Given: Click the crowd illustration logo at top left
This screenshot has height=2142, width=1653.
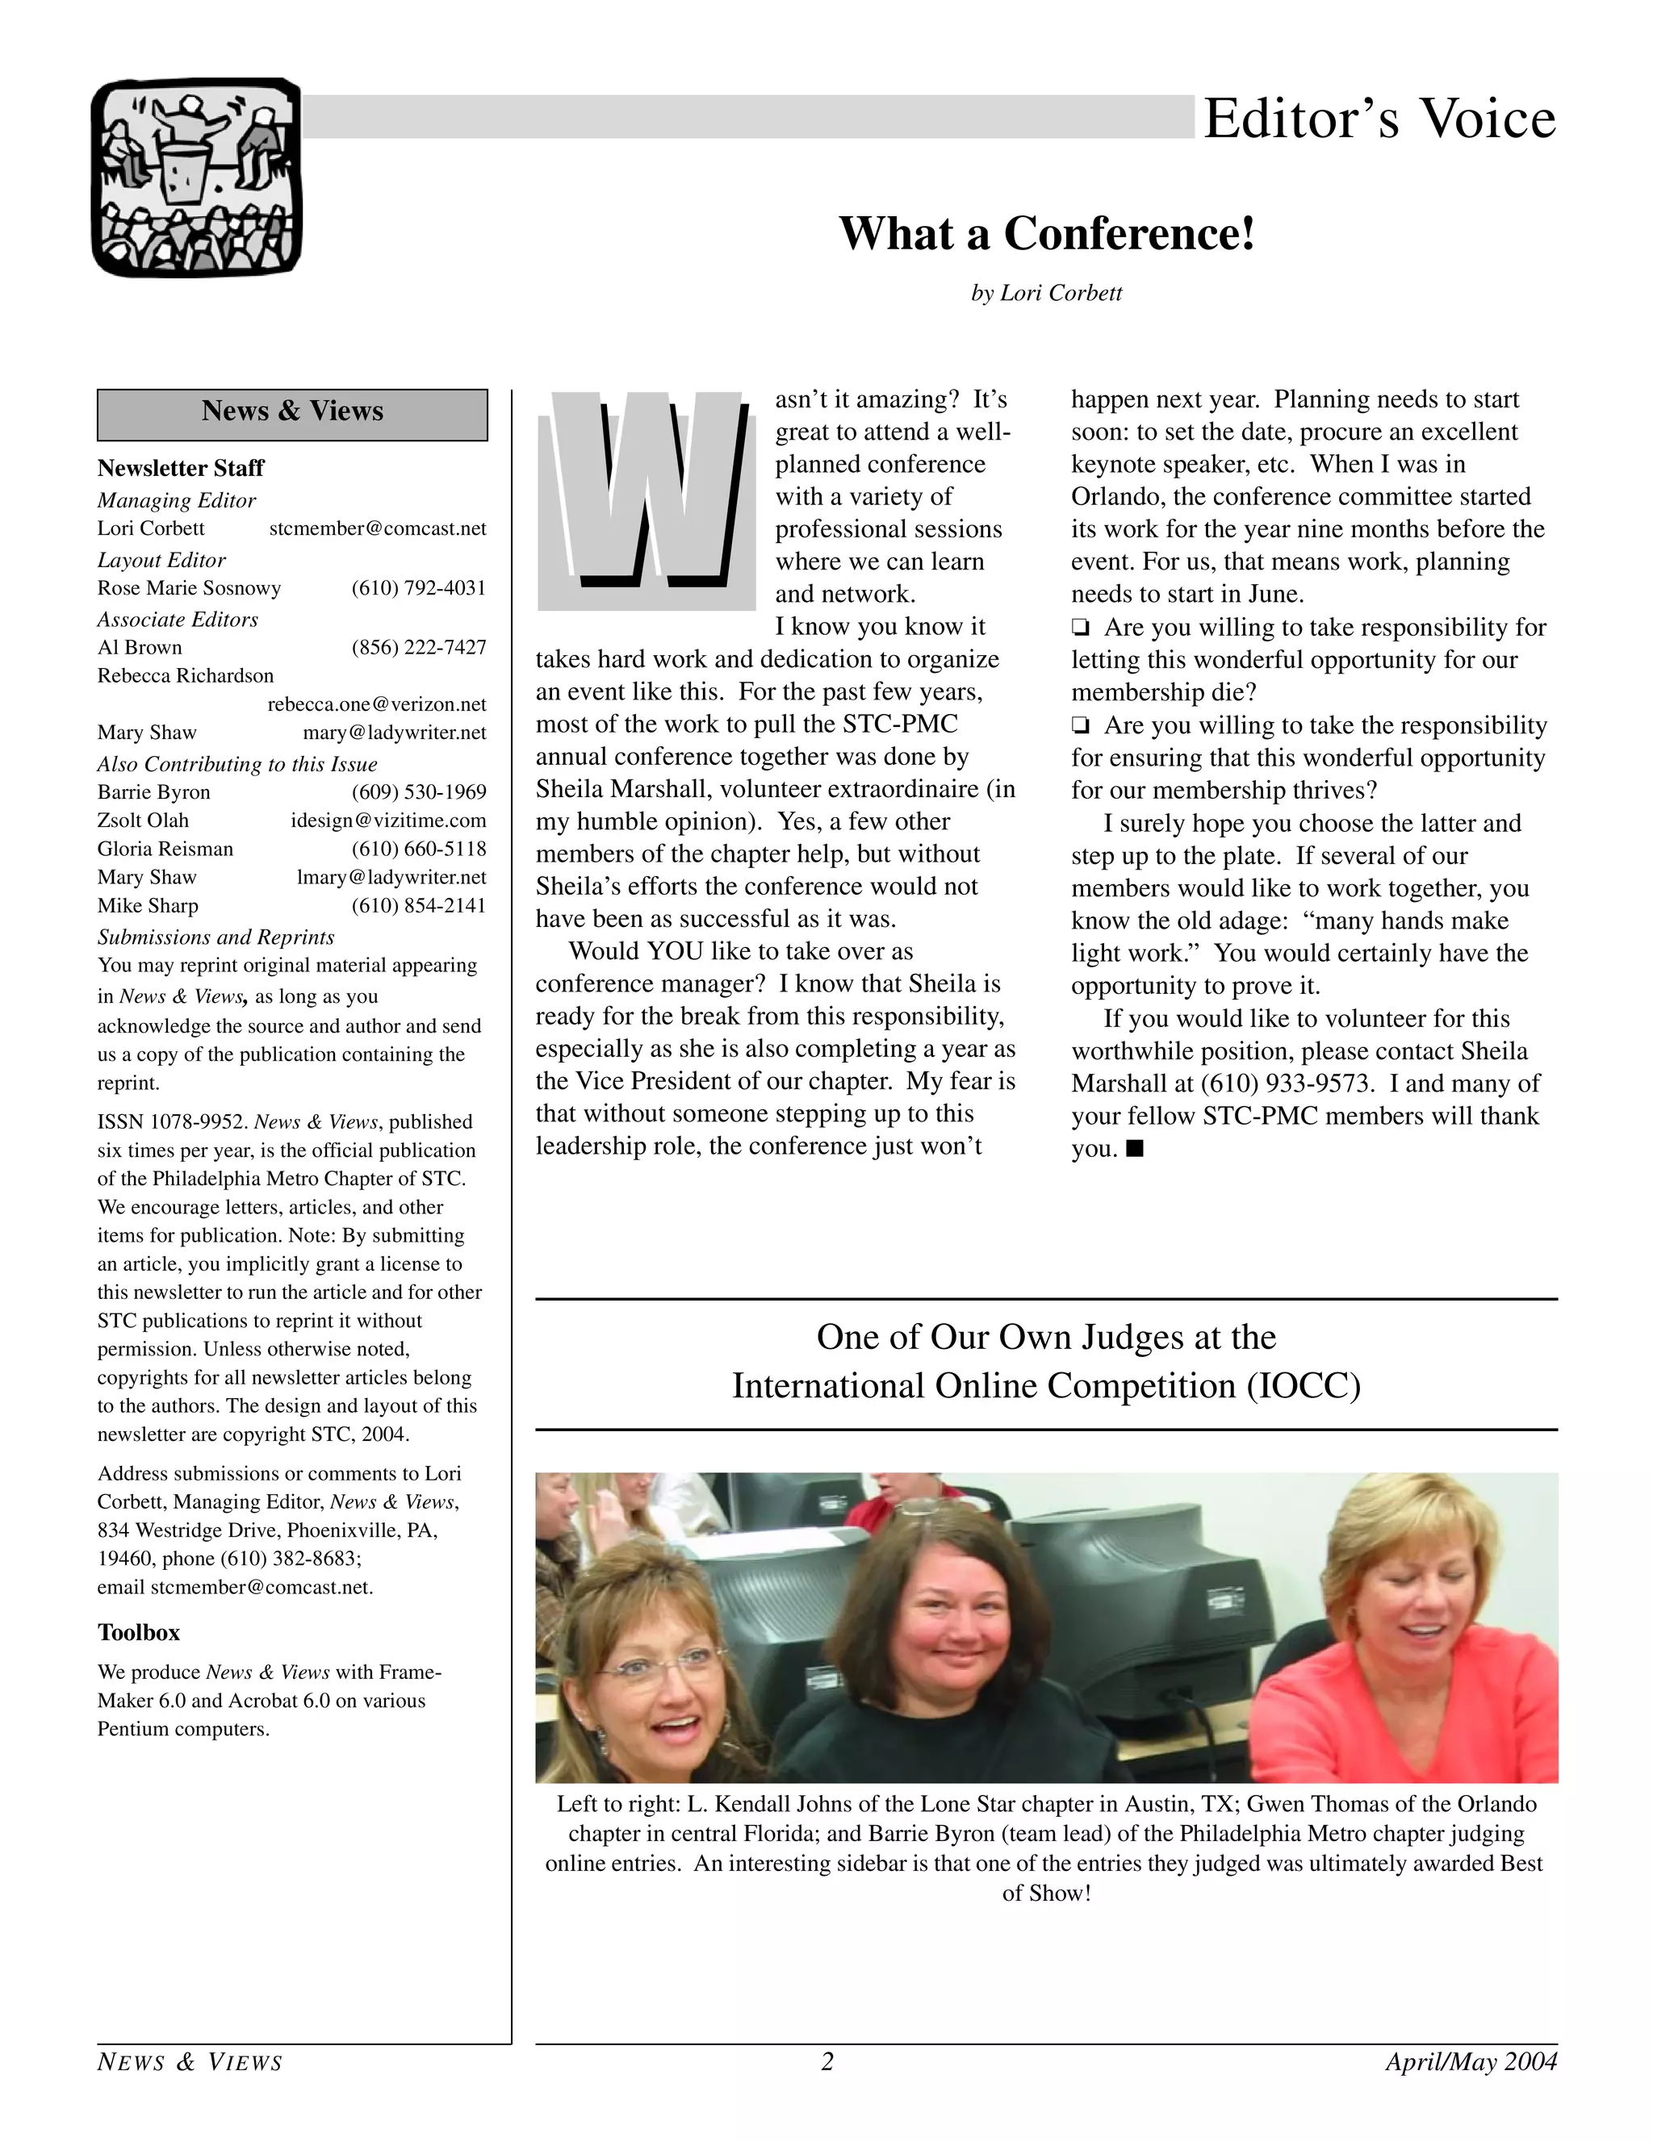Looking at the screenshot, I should point(196,177).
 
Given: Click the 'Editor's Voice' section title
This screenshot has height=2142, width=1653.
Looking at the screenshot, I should point(1379,119).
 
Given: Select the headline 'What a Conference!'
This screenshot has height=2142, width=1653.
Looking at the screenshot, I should point(1047,233).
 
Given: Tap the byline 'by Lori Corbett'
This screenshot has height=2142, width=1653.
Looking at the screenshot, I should point(1046,293).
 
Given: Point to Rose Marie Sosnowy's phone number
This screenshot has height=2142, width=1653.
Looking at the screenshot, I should point(419,588).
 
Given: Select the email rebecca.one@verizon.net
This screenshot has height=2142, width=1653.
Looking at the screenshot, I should point(377,704).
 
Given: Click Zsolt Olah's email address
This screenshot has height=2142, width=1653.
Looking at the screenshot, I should point(388,820).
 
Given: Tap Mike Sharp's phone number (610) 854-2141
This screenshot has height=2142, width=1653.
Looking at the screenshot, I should point(419,905).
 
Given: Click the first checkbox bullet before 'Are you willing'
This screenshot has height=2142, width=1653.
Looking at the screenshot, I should point(1080,628).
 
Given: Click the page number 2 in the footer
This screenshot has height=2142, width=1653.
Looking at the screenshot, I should point(827,2061).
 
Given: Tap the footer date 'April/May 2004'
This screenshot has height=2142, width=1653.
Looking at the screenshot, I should point(1471,2061).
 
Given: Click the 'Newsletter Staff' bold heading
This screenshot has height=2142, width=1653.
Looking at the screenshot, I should point(181,468).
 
